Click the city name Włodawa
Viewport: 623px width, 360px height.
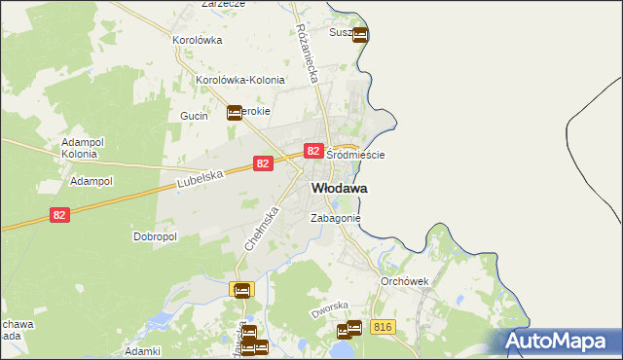[x=339, y=188]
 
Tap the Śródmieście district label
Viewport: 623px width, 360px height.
[x=355, y=156]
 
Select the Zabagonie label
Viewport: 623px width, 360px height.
[x=335, y=219]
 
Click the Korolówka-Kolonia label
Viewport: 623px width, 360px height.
[x=240, y=81]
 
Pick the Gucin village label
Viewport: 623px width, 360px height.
[x=195, y=115]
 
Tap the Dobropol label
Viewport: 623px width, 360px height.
[x=154, y=236]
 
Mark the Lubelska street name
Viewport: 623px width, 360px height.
[x=202, y=178]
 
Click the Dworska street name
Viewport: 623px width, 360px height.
[x=329, y=309]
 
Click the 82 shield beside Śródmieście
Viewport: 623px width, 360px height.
[x=312, y=151]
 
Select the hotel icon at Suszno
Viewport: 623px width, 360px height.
[x=360, y=36]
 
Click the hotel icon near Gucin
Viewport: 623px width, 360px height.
[x=235, y=113]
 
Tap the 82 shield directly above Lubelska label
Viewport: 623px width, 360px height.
[x=262, y=164]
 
